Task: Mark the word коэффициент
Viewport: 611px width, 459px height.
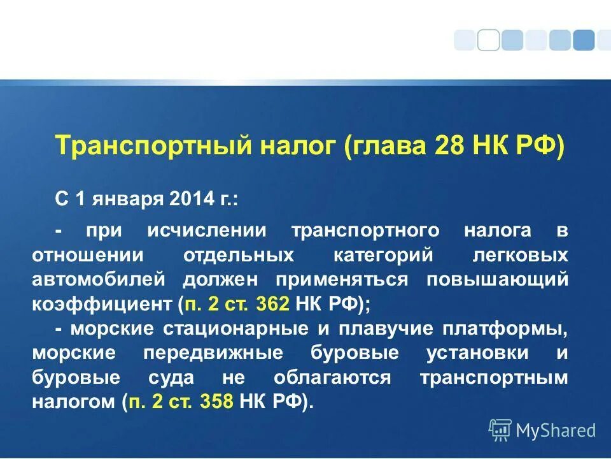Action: pyautogui.click(x=103, y=303)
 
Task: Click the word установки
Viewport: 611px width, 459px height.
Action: pyautogui.click(x=472, y=353)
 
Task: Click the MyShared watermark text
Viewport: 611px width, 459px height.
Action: pyautogui.click(x=555, y=430)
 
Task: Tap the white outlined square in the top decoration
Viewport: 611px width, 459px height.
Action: pyautogui.click(x=488, y=40)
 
